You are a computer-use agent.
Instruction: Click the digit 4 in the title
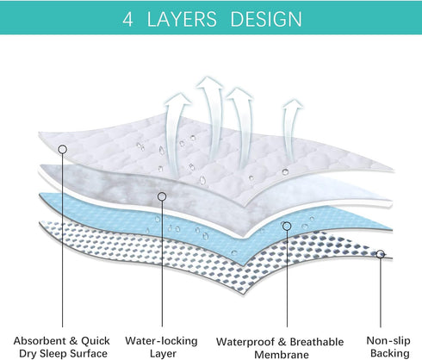click(127, 19)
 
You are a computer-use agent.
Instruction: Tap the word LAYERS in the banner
click(182, 19)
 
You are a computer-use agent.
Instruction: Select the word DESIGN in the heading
click(266, 19)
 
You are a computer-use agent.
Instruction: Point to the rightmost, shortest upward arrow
click(290, 129)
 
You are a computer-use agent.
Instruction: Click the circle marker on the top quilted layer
click(63, 149)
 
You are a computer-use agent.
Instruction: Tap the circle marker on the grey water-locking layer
click(162, 196)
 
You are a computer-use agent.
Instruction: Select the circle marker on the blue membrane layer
click(287, 227)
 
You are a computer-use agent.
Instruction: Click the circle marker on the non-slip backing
click(381, 254)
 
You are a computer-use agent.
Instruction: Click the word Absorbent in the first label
click(40, 341)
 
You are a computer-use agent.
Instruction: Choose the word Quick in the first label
click(96, 341)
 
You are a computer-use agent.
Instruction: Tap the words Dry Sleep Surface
click(63, 353)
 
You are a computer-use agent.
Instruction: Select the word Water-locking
click(161, 341)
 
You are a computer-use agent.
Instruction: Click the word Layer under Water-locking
click(163, 354)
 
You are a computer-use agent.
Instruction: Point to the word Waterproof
click(245, 342)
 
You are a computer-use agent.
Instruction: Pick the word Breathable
click(317, 342)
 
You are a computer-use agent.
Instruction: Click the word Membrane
click(282, 354)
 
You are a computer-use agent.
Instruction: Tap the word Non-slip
click(388, 341)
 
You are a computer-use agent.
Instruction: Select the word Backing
click(390, 353)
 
